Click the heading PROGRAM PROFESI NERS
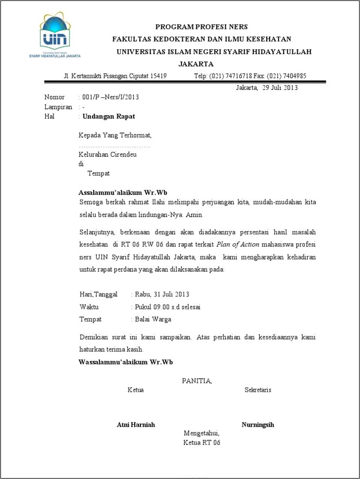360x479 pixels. pyautogui.click(x=201, y=27)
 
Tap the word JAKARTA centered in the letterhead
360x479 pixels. pyautogui.click(x=196, y=64)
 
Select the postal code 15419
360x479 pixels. pyautogui.click(x=159, y=76)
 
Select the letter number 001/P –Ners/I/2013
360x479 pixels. pyautogui.click(x=111, y=97)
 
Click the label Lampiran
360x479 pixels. pyautogui.click(x=58, y=107)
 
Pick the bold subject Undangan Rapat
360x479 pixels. pyautogui.click(x=109, y=116)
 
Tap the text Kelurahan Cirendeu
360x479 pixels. pyautogui.click(x=107, y=155)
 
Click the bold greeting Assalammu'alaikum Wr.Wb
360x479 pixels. pyautogui.click(x=123, y=192)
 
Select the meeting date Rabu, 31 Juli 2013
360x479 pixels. pyautogui.click(x=162, y=294)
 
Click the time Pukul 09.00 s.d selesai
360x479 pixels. pyautogui.click(x=167, y=307)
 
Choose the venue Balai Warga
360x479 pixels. pyautogui.click(x=153, y=320)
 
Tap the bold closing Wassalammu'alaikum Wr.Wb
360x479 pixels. pyautogui.click(x=125, y=362)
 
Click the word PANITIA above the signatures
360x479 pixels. pyautogui.click(x=196, y=381)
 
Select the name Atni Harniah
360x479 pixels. pyautogui.click(x=136, y=424)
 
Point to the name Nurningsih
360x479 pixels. pyautogui.click(x=257, y=424)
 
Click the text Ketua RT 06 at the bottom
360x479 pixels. pyautogui.click(x=201, y=443)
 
